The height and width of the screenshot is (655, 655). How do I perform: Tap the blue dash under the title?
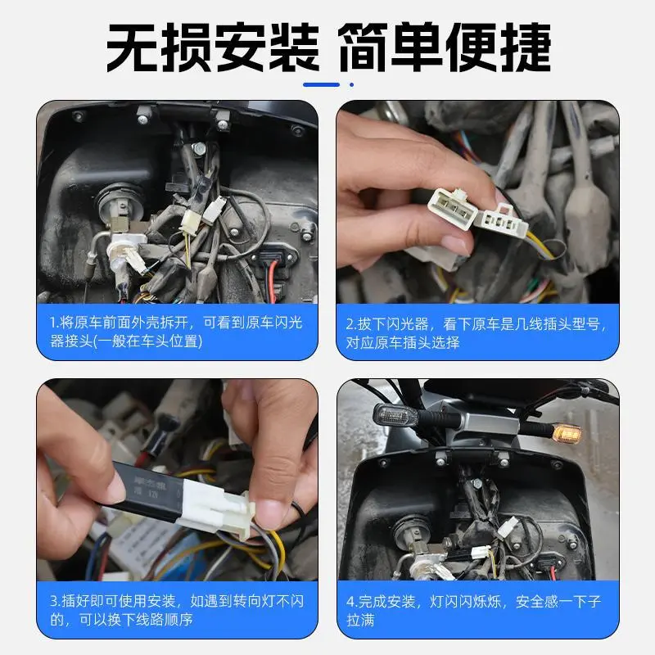[321, 84]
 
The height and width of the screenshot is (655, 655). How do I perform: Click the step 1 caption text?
[176, 332]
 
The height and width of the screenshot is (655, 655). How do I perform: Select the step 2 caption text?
[476, 332]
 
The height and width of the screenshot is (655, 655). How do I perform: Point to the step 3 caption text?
[176, 610]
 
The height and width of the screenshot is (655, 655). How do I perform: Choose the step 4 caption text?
[476, 610]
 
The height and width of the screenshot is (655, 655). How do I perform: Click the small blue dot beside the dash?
[351, 84]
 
